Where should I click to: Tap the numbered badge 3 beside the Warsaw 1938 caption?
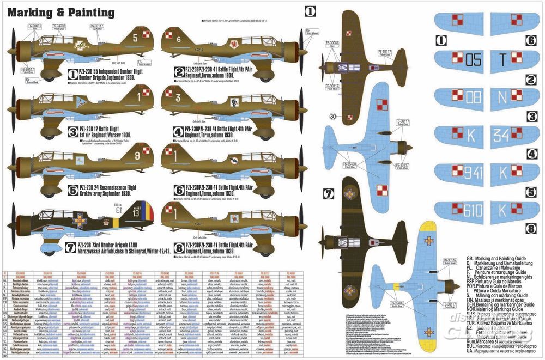click(x=72, y=131)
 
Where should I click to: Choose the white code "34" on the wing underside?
click(x=502, y=135)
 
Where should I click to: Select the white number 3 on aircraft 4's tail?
click(x=178, y=98)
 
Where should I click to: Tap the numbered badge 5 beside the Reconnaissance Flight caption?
click(x=72, y=191)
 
